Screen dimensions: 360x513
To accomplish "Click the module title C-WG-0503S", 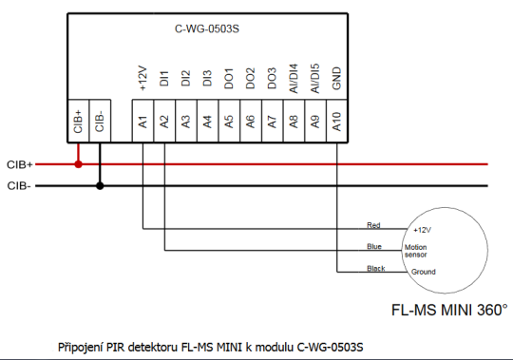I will [x=206, y=29].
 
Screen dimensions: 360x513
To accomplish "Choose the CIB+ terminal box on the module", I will [x=78, y=122].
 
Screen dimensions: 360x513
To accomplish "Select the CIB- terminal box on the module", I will [x=100, y=122].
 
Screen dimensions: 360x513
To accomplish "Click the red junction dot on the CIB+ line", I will [x=78, y=164].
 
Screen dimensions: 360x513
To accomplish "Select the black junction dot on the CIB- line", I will [x=100, y=186].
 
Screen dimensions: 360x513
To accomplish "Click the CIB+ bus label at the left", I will [x=20, y=164].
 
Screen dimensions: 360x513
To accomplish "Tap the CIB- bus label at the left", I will [x=19, y=186].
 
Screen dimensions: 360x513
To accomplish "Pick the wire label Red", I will [x=373, y=225].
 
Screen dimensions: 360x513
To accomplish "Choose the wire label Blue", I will [x=373, y=247].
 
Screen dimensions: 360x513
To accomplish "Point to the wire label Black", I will [x=375, y=269].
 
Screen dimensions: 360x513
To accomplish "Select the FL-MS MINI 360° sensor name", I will [x=449, y=310].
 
